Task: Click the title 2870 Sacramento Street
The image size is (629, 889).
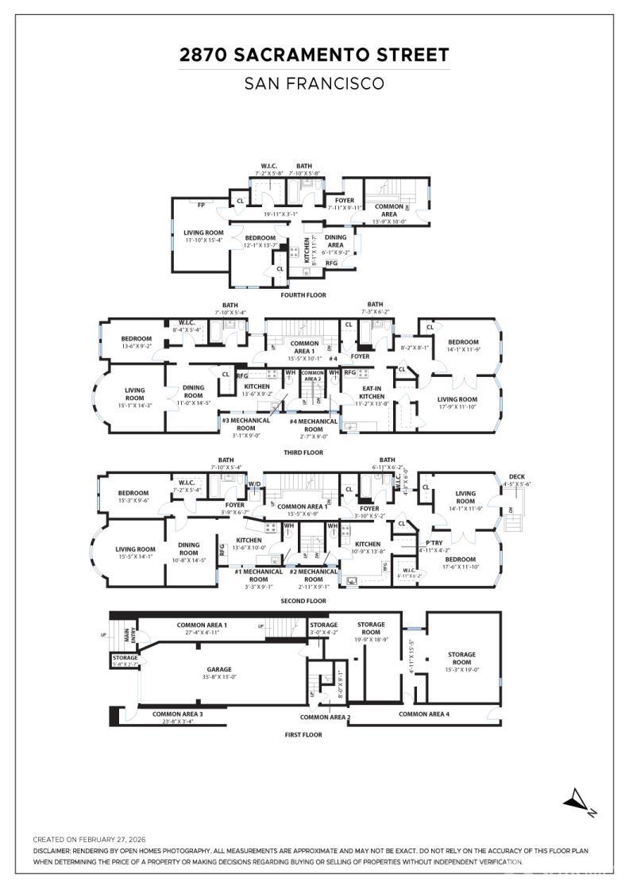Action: point(314,55)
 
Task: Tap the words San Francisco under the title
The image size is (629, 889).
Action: point(314,83)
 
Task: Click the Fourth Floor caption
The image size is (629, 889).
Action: point(303,295)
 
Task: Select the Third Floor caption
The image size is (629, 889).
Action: point(303,452)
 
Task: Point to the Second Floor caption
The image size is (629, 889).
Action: point(303,601)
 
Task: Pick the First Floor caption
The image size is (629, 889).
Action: point(303,735)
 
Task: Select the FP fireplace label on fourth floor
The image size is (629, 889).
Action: point(202,205)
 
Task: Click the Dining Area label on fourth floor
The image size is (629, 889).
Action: point(336,241)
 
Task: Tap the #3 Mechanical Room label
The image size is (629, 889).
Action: point(245,424)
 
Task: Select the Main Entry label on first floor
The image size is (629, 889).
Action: point(122,635)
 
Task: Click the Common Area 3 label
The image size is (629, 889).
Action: point(177,714)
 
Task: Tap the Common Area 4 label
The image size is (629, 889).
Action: point(423,714)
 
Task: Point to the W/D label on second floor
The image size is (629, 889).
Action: point(255,483)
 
